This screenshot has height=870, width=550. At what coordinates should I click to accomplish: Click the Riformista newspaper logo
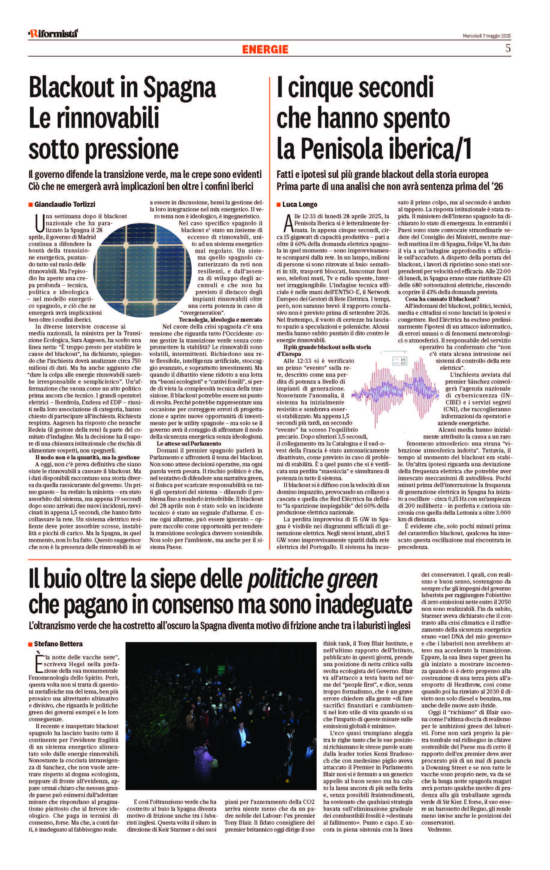(53, 34)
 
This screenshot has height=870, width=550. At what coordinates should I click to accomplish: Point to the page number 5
(508, 48)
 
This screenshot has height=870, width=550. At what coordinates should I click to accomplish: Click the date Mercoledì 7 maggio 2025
(487, 36)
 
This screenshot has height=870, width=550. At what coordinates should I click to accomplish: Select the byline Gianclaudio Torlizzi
(65, 204)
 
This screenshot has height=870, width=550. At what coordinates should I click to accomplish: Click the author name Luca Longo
(299, 204)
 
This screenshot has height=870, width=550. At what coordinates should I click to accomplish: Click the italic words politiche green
(312, 580)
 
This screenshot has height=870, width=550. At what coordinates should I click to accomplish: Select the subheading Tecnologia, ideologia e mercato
(220, 320)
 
